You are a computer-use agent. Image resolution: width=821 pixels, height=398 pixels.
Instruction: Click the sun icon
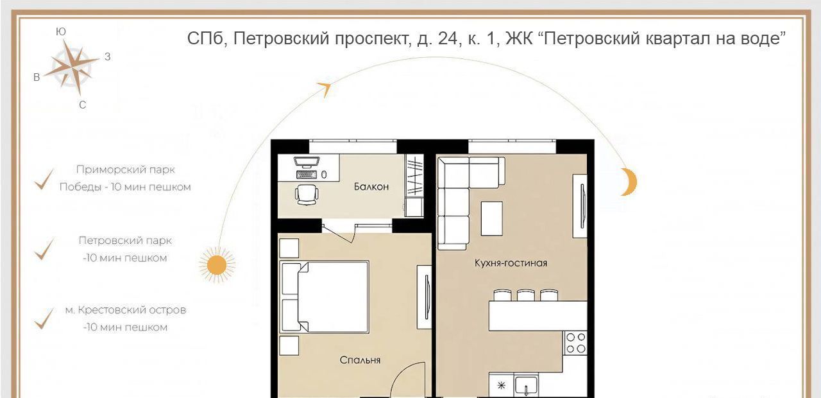217,264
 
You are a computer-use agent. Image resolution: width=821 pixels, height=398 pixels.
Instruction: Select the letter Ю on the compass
61,32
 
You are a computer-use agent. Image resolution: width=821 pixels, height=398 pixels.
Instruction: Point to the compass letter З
107,57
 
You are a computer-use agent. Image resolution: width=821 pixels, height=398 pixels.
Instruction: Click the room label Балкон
371,187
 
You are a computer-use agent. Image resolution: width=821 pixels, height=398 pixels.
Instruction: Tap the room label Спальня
360,360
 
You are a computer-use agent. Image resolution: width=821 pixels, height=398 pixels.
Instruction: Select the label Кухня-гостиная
511,263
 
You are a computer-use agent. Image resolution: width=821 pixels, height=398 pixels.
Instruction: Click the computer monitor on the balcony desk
307,162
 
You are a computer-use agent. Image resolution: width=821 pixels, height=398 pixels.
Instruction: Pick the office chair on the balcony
307,194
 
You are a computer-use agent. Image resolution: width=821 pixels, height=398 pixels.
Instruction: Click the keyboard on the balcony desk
307,174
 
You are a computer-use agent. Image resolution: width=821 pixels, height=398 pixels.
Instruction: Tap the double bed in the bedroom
325,297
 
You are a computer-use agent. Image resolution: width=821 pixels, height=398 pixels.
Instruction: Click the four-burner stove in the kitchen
575,343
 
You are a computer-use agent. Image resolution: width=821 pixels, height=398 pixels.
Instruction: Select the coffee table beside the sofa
492,218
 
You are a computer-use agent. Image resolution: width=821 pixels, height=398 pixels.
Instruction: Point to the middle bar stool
526,295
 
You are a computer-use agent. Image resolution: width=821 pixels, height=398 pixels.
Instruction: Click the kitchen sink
526,386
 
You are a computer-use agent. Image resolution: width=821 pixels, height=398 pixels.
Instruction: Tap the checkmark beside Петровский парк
44,249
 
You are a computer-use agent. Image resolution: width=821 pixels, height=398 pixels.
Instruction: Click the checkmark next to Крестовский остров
44,318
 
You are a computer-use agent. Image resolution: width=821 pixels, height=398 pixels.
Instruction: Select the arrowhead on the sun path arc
325,89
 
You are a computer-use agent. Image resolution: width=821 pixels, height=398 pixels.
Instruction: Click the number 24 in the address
447,38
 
